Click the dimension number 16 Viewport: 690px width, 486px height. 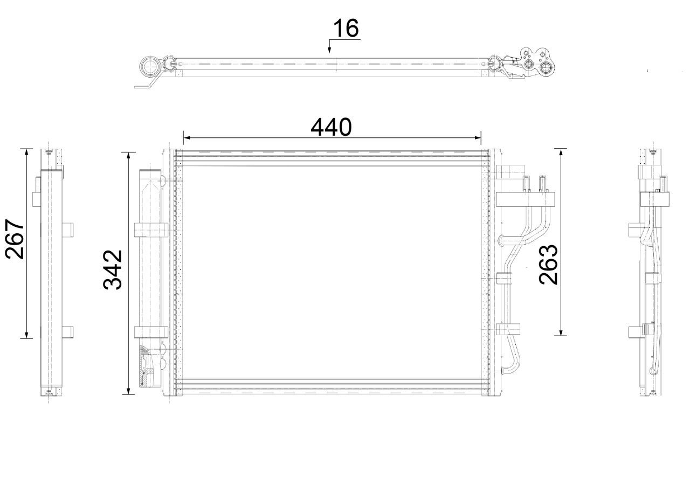346,28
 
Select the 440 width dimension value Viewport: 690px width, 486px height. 331,127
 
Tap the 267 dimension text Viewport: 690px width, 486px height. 15,239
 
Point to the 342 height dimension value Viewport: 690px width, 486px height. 113,270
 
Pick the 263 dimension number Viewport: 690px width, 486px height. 548,264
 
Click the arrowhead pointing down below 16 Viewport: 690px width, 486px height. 329,50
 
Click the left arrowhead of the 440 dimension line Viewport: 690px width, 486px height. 187,137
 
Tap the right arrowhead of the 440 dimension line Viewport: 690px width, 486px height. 477,137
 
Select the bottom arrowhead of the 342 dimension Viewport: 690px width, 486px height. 128,390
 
